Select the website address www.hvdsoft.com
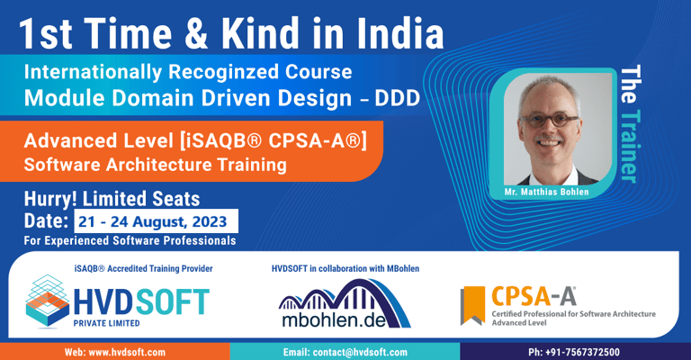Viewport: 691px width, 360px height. pos(114,352)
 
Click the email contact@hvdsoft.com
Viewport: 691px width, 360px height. pos(345,352)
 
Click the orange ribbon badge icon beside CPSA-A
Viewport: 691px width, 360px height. pos(473,304)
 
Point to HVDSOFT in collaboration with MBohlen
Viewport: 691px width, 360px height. pos(345,268)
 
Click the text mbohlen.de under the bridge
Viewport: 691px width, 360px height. pos(345,320)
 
